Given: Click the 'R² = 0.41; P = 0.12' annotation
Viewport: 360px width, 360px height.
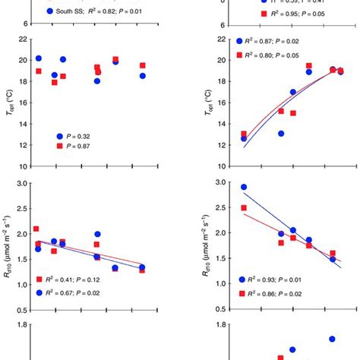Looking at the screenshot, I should point(84,279).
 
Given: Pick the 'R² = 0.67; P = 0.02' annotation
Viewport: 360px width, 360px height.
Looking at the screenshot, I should point(84,292).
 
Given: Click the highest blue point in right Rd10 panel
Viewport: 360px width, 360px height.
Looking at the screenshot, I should point(244,187).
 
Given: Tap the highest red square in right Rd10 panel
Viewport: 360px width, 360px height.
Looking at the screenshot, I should point(244,207).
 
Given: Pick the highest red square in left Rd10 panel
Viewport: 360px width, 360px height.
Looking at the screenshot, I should point(36,229).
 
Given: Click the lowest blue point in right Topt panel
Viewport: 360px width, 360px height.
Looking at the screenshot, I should point(244,138).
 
